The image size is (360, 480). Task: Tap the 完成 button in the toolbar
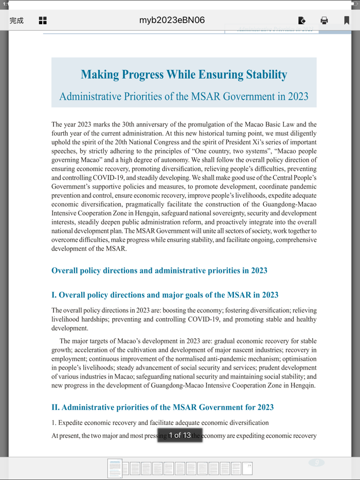pyautogui.click(x=16, y=21)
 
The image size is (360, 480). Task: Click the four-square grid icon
pyautogui.click(x=43, y=21)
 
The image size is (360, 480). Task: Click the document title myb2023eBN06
pyautogui.click(x=172, y=21)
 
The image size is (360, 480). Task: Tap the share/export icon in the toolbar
pyautogui.click(x=302, y=21)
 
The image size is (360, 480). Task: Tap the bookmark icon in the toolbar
pyautogui.click(x=347, y=21)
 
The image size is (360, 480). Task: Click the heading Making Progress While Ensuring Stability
pyautogui.click(x=184, y=75)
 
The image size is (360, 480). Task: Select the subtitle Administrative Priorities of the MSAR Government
pyautogui.click(x=184, y=97)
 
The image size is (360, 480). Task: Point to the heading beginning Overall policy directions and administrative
pyautogui.click(x=159, y=271)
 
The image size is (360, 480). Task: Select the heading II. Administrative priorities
pyautogui.click(x=162, y=408)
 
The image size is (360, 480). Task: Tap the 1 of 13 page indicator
pyautogui.click(x=179, y=435)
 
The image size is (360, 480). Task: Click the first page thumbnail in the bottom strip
pyautogui.click(x=115, y=468)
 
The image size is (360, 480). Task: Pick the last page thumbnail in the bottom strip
pyautogui.click(x=247, y=468)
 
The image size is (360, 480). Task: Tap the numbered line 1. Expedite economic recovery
pyautogui.click(x=159, y=423)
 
